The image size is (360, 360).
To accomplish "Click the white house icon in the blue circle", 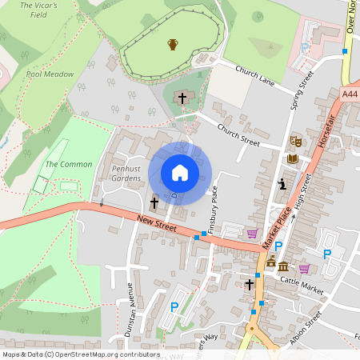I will coord(180,173).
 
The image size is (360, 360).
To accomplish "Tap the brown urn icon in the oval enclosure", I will coord(172,44).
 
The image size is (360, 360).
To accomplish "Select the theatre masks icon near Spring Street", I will coord(295,141).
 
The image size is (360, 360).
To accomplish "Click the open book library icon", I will coord(292,159).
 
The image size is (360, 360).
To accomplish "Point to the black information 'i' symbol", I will coord(282,184).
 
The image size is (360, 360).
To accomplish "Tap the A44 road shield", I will coord(350,94).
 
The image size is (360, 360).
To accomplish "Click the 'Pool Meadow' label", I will coord(50,74).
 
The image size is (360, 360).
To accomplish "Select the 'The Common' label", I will coord(69,164).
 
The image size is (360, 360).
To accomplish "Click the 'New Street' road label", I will coord(155,218).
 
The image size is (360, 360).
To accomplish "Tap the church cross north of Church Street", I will coord(182,98).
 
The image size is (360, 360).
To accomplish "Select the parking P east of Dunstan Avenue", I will coord(174,306).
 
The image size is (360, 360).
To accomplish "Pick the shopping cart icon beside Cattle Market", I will coord(304,268).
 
